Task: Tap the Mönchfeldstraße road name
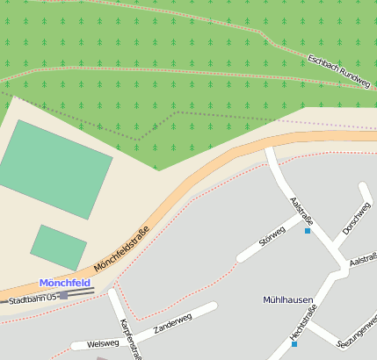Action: point(121,248)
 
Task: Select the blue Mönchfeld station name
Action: point(64,283)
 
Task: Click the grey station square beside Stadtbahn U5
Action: point(63,296)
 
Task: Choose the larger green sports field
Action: point(55,169)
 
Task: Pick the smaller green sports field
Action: point(58,247)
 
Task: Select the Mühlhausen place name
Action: point(287,299)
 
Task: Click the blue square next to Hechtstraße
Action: point(294,344)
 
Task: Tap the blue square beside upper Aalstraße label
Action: point(308,231)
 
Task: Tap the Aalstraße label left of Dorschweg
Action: point(301,210)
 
